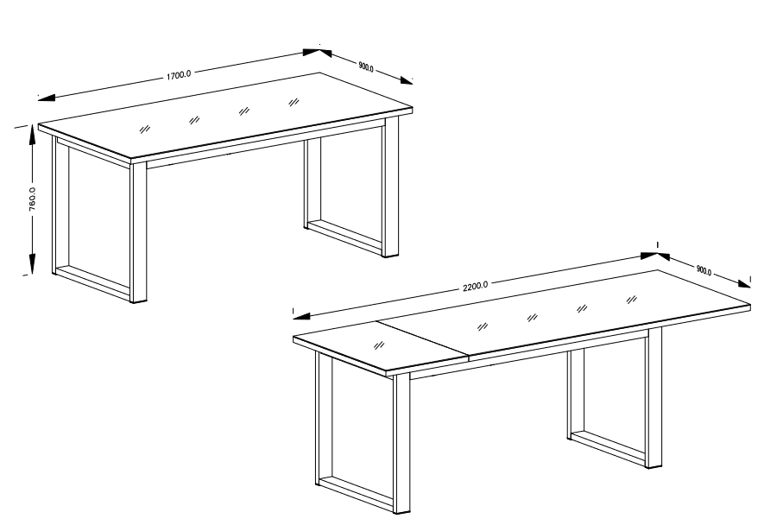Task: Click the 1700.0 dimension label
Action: [179, 75]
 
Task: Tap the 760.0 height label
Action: [32, 199]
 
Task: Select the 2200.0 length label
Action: [476, 286]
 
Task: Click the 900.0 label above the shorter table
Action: [366, 66]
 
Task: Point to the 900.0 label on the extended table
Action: [704, 270]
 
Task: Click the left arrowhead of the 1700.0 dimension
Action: [47, 98]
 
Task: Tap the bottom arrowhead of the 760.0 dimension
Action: [32, 263]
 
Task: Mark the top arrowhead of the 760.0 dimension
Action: [32, 135]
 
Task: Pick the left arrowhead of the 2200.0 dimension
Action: [301, 316]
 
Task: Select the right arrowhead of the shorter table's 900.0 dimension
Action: [405, 80]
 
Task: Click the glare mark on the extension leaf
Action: [379, 345]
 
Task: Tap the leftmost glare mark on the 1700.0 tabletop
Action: [144, 129]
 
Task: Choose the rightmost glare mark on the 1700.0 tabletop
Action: [294, 103]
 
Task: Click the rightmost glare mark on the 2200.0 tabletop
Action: [632, 300]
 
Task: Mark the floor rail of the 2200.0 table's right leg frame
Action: [609, 448]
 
